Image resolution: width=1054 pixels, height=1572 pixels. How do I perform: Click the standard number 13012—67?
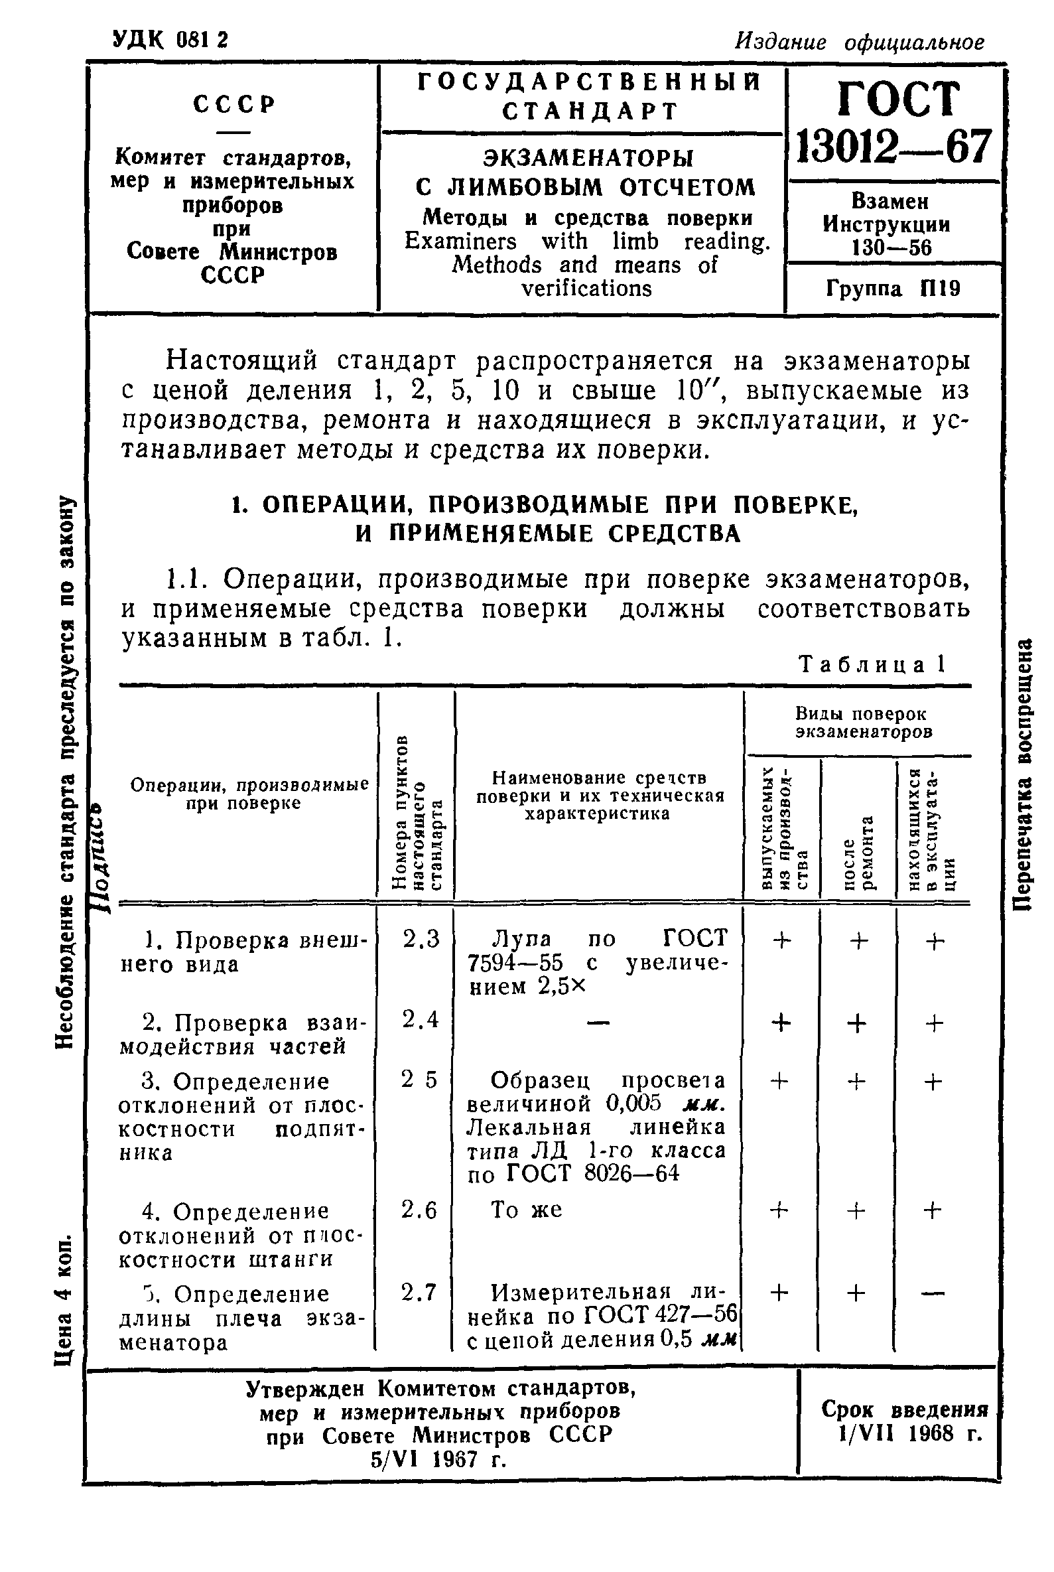pyautogui.click(x=893, y=147)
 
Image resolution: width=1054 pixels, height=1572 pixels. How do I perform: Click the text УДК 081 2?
pyautogui.click(x=170, y=40)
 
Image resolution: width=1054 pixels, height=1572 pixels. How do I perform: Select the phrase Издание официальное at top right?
pyautogui.click(x=859, y=42)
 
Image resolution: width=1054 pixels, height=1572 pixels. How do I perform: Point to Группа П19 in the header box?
pyautogui.click(x=893, y=289)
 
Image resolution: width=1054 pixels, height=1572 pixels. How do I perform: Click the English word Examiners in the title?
pyautogui.click(x=460, y=242)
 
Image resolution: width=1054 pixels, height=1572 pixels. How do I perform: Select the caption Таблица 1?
pyautogui.click(x=872, y=665)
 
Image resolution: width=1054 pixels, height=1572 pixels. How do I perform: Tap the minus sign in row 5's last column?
pyautogui.click(x=933, y=1292)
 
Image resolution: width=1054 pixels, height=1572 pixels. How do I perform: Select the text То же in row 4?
pyautogui.click(x=526, y=1210)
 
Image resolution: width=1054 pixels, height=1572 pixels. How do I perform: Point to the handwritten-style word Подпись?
pyautogui.click(x=102, y=856)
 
